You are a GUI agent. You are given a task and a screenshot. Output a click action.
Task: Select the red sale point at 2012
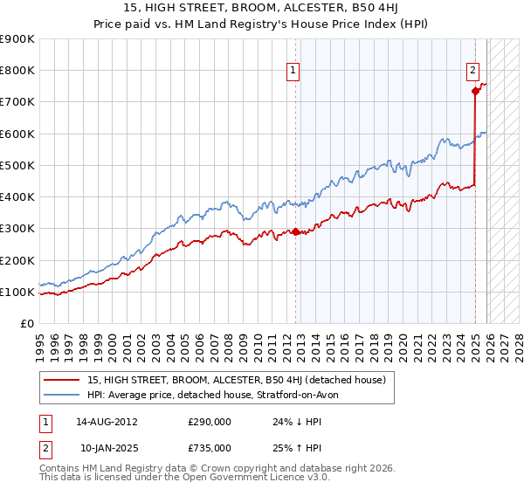(295, 232)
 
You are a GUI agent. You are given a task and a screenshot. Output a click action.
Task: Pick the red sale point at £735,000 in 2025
(475, 91)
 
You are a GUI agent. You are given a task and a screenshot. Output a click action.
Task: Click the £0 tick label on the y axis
(26, 324)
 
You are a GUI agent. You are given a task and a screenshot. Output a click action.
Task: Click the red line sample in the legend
(63, 380)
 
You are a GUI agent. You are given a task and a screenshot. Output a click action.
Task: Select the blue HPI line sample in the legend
(63, 396)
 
